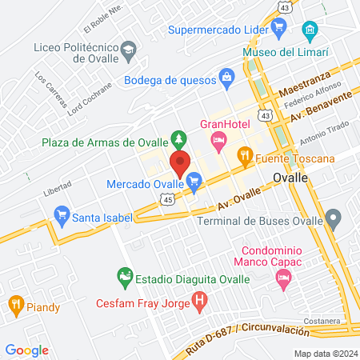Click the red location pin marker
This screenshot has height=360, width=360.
pyautogui.click(x=180, y=162)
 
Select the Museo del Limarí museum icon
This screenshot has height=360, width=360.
pyautogui.click(x=310, y=32)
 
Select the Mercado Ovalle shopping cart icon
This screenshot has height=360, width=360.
pyautogui.click(x=194, y=185)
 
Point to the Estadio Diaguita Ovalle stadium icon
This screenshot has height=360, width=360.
pyautogui.click(x=125, y=278)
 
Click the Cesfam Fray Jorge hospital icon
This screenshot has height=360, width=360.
pyautogui.click(x=200, y=302)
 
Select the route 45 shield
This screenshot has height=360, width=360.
pyautogui.click(x=166, y=200)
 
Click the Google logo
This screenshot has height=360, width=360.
pyautogui.click(x=26, y=350)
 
